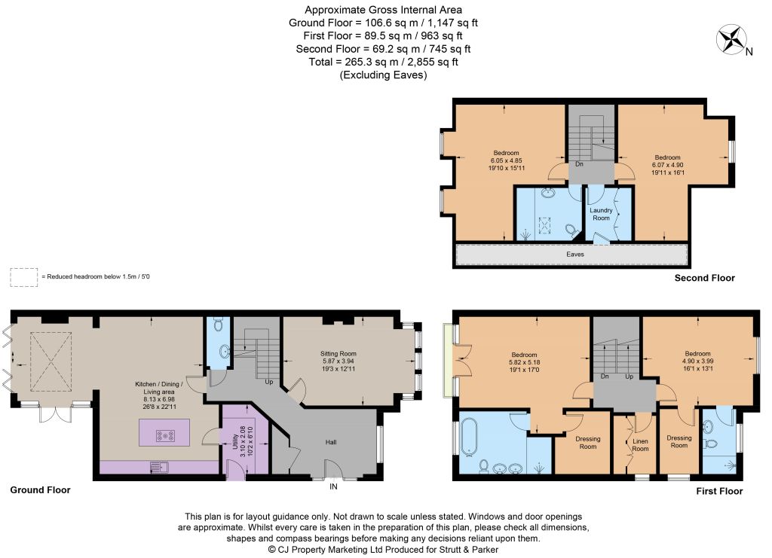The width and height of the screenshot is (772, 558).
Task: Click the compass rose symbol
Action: click(x=731, y=39)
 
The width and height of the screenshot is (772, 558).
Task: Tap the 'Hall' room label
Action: click(x=331, y=442)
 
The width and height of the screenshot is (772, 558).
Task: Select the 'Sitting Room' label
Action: click(x=339, y=353)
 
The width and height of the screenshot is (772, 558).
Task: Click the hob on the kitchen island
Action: click(x=164, y=435)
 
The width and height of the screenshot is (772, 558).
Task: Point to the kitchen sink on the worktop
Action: click(x=159, y=466)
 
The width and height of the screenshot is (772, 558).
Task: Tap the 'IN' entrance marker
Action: click(x=333, y=486)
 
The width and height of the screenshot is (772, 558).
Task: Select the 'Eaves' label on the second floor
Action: click(x=575, y=255)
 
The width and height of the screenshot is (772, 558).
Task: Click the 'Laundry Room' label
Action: click(x=601, y=214)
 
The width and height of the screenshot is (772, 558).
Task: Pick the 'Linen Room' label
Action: click(x=640, y=445)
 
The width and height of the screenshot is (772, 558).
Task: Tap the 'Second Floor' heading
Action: click(x=705, y=278)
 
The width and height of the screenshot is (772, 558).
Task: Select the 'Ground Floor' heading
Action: click(x=41, y=489)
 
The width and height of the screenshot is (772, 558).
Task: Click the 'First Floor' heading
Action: click(x=719, y=491)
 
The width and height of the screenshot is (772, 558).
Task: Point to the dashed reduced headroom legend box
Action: click(x=23, y=277)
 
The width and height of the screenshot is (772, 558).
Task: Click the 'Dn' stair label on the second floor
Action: click(x=579, y=163)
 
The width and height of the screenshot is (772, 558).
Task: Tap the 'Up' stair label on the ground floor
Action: click(x=269, y=382)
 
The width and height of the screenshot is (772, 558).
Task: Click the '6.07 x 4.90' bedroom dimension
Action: click(x=668, y=165)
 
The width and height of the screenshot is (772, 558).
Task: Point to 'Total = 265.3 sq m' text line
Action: click(x=384, y=62)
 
